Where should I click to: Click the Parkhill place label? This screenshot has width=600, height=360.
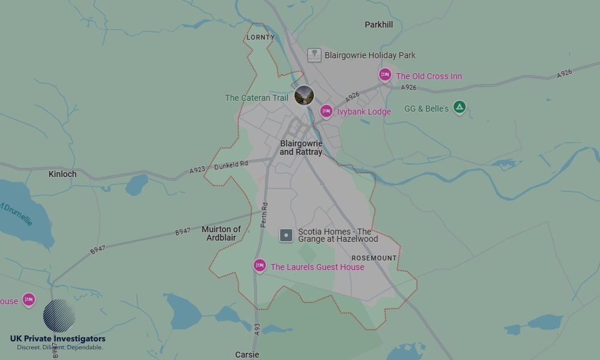tap(379, 25)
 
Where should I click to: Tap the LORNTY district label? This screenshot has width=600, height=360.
tap(260, 37)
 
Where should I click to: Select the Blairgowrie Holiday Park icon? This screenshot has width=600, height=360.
tap(314, 55)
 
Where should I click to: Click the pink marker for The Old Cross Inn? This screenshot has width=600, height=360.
tap(385, 75)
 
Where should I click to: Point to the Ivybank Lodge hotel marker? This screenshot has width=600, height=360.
tap(326, 111)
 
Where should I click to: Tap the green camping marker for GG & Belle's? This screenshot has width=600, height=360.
tap(459, 107)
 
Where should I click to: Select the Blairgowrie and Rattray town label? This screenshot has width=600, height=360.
tap(301, 148)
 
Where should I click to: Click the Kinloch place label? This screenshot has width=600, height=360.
tap(62, 174)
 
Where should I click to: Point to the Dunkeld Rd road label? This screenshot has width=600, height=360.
tap(231, 164)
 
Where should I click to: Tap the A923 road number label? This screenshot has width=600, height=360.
tap(197, 170)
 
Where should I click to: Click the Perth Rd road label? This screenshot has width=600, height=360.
tap(264, 214)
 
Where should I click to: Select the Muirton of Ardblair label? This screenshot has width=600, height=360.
tap(221, 233)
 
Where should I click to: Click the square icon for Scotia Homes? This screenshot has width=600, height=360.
tap(287, 235)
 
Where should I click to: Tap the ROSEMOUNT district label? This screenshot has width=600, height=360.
tap(374, 258)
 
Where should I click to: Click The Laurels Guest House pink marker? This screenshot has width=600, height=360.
tap(259, 266)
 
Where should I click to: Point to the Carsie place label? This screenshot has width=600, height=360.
tap(247, 355)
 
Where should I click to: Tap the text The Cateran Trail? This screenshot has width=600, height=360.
tap(256, 98)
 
